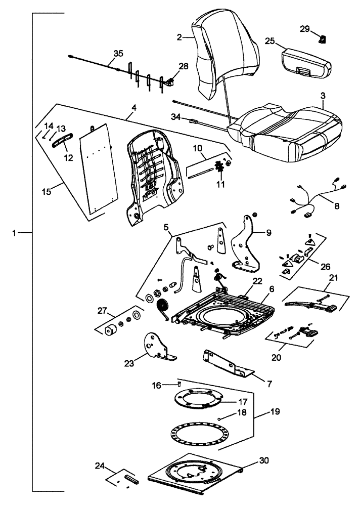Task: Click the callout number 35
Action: point(118,53)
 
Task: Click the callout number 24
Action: point(100,466)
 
